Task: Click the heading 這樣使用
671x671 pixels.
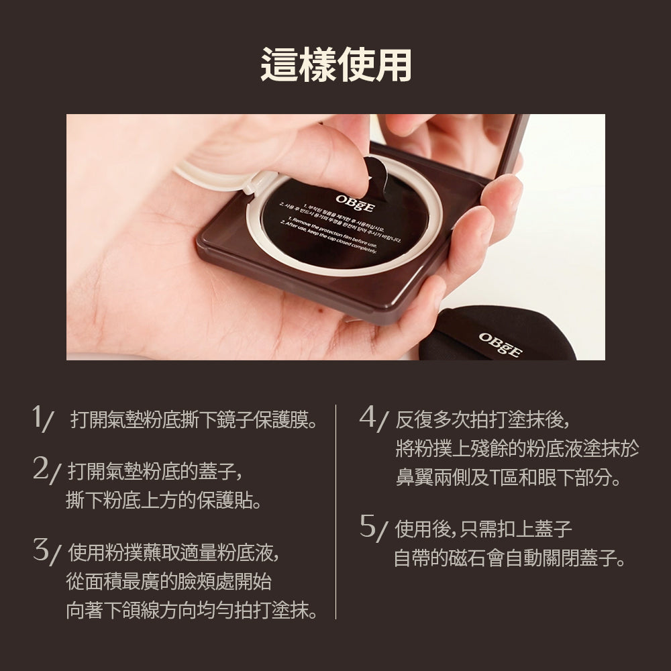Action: click(335, 65)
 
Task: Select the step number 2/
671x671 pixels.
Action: click(47, 469)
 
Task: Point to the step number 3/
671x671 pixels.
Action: click(47, 552)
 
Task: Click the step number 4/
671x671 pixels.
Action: click(374, 418)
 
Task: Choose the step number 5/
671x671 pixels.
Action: click(374, 527)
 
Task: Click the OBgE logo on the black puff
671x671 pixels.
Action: click(500, 344)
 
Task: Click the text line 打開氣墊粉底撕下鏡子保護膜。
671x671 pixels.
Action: click(193, 421)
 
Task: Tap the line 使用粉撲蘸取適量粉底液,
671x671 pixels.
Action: click(173, 553)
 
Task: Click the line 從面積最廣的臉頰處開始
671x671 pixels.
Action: click(168, 582)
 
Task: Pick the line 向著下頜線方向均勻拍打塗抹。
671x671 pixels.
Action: click(192, 611)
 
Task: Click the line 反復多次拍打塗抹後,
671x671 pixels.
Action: click(482, 421)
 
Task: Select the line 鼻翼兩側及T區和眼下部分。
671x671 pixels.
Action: click(508, 478)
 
